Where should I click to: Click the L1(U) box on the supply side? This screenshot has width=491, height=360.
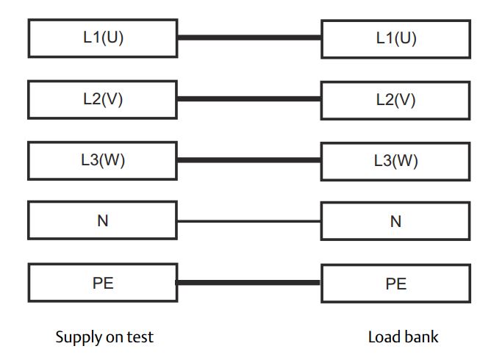tap(102, 38)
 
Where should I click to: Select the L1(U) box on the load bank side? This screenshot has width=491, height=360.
tap(395, 38)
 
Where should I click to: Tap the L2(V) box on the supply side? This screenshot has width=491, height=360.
tap(102, 99)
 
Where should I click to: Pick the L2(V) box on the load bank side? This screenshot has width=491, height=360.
tap(395, 99)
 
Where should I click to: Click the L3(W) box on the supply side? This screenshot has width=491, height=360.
tap(102, 160)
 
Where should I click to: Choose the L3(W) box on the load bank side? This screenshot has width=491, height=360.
tap(395, 160)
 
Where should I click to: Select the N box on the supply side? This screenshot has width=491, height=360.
tap(102, 221)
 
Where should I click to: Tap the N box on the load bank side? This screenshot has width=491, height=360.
tap(395, 221)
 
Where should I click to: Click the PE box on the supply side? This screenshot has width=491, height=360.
tap(102, 283)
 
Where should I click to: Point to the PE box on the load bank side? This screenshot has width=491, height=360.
tap(395, 283)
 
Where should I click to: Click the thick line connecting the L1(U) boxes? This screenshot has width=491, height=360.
tap(248, 37)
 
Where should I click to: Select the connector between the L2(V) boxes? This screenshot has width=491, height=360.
tap(248, 98)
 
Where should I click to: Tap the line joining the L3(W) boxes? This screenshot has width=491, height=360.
tap(248, 159)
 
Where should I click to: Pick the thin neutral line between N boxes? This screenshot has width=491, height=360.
tap(248, 221)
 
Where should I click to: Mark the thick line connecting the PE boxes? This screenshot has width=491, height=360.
tap(248, 282)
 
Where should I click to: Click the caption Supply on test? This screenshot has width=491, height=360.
tap(104, 337)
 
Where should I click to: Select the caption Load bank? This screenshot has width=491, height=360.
tap(403, 337)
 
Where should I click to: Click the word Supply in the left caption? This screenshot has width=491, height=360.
tap(77, 338)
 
